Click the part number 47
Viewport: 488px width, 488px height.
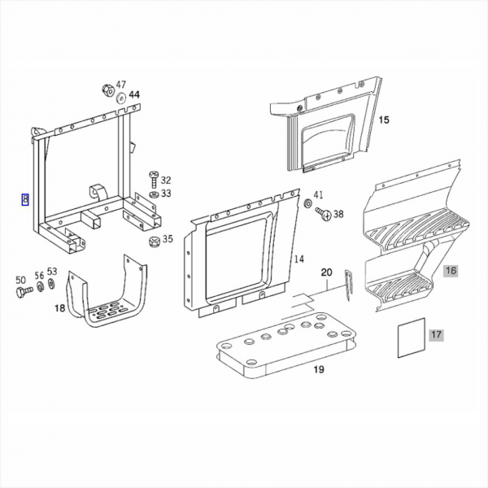(x=121, y=85)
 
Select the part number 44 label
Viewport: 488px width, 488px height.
(x=133, y=95)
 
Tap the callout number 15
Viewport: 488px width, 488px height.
(x=384, y=120)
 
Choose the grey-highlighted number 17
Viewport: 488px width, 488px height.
(x=436, y=334)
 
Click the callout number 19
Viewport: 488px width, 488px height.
(x=319, y=370)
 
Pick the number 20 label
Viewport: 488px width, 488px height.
(x=327, y=272)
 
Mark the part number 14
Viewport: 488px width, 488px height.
(x=299, y=259)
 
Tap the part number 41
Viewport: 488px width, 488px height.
(x=319, y=195)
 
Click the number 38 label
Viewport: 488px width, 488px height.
(x=338, y=215)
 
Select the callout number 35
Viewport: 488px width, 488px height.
(x=168, y=239)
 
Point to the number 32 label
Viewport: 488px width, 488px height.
(x=166, y=181)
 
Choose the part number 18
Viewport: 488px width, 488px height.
(x=59, y=308)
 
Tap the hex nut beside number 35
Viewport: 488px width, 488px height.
(x=153, y=241)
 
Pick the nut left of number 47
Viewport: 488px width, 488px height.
(x=107, y=89)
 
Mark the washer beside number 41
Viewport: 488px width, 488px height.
(x=308, y=202)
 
